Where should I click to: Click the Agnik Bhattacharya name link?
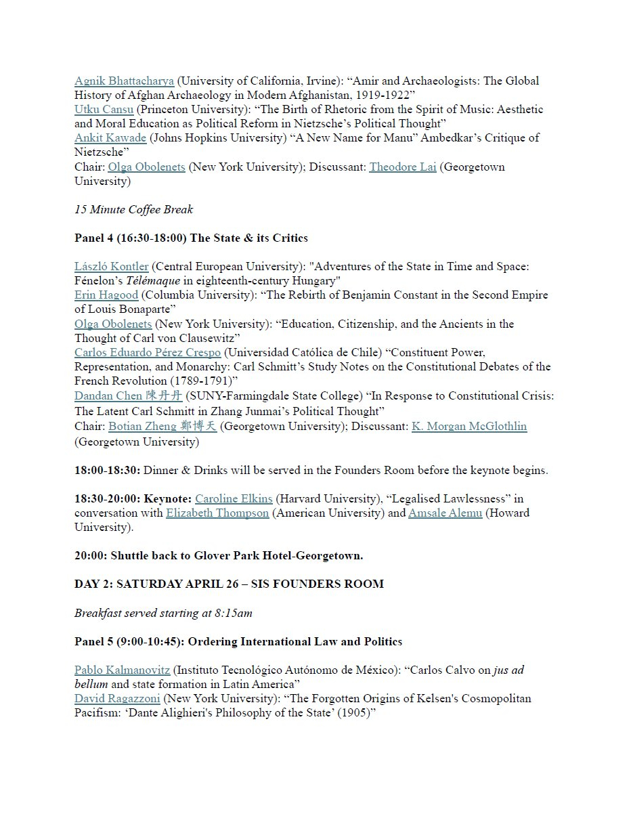tap(124, 81)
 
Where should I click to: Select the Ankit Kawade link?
tap(110, 138)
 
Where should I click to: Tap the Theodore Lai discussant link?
tap(402, 167)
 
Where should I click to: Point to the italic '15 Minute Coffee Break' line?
tap(133, 209)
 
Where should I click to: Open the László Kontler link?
tap(111, 267)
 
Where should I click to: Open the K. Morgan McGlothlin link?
tap(469, 426)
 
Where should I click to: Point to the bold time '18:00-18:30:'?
tap(108, 470)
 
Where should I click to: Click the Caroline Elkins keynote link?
tap(234, 498)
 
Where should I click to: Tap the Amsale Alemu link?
tap(445, 513)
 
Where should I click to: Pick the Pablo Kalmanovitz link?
tap(122, 670)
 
